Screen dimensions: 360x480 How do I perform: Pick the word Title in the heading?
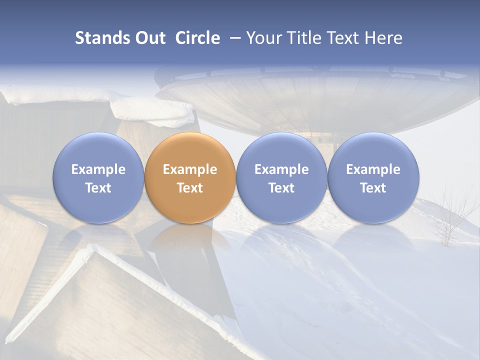[302, 38]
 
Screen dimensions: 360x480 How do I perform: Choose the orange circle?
[190, 178]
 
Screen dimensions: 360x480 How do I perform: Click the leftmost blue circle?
[98, 178]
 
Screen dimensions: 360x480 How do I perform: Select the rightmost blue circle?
[373, 178]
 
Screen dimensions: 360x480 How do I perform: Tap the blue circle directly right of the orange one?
[281, 178]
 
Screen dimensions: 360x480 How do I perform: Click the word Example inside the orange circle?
[190, 169]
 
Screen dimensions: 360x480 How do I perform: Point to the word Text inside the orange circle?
[190, 188]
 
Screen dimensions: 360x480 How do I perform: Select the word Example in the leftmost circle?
[98, 169]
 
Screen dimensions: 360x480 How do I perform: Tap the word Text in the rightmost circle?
[373, 188]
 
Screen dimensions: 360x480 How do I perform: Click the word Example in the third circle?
[281, 169]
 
